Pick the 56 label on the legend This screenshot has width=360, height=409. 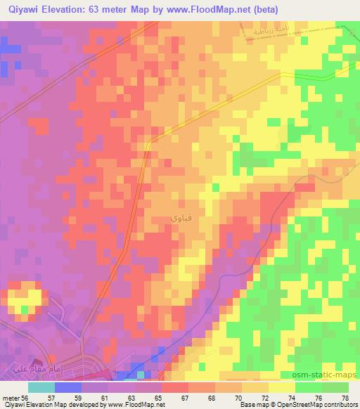click(x=25, y=397)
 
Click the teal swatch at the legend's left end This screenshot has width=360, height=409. click(x=41, y=387)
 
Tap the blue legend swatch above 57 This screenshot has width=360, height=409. click(x=67, y=387)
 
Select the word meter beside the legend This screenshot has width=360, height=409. click(x=10, y=397)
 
